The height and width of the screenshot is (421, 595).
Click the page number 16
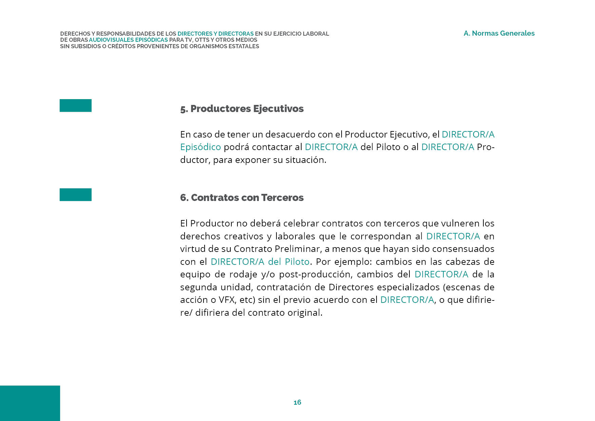pos(297,402)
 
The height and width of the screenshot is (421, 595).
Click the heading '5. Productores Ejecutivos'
pos(242,109)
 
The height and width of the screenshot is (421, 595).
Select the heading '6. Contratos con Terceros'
pos(242,198)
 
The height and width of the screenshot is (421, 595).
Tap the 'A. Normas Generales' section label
pos(499,33)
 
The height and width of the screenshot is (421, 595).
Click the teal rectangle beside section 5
pos(76,106)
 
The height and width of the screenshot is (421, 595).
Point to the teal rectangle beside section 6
pos(76,195)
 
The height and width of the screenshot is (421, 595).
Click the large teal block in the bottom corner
pos(30,403)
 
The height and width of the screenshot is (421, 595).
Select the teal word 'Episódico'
pos(200,147)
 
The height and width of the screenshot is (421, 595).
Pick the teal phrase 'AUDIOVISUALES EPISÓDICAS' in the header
pos(128,40)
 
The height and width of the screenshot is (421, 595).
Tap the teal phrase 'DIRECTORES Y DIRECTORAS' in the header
pos(215,34)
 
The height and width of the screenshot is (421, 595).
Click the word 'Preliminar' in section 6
pos(297,249)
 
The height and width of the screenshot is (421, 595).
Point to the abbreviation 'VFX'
pos(227,300)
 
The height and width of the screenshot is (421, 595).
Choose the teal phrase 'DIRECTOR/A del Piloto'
pos(260,262)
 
